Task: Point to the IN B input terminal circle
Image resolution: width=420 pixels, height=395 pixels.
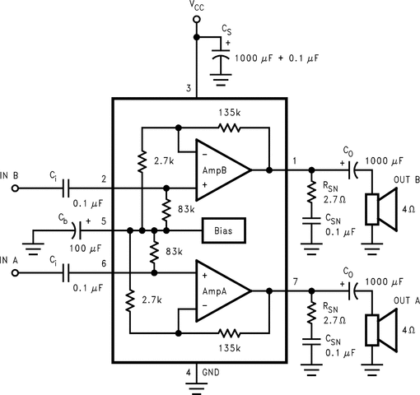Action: coord(15,188)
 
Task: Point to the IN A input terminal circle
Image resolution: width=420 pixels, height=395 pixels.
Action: coord(15,272)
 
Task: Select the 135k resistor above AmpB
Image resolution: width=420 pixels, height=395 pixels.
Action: coord(227,128)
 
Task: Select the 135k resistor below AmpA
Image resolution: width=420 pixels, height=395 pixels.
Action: coord(227,333)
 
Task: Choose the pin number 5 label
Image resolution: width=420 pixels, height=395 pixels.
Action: coord(103,220)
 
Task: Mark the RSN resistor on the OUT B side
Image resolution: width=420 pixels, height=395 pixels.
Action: coord(311,193)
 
